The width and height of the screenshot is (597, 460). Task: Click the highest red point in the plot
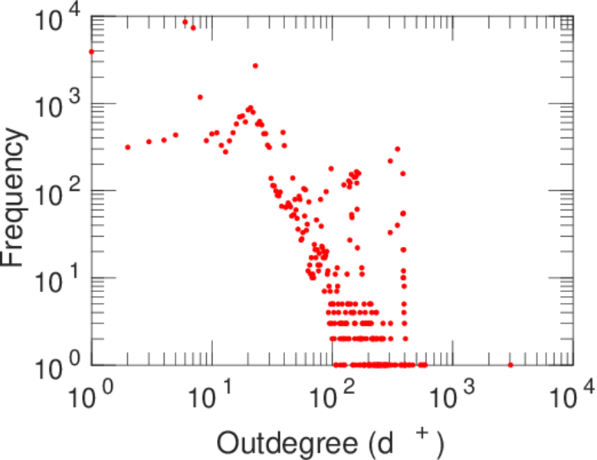tap(185, 21)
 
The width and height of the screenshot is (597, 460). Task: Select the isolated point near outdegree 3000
tap(510, 365)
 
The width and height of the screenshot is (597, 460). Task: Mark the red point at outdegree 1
tap(91, 52)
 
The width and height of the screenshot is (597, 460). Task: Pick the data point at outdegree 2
tap(127, 147)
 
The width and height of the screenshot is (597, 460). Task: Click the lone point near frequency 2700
tap(255, 66)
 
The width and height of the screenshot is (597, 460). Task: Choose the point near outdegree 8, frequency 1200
tap(200, 97)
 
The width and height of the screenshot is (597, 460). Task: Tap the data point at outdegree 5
tap(175, 135)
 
